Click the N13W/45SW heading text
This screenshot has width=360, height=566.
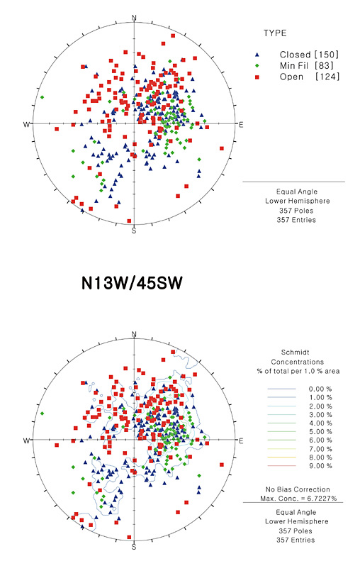click(132, 284)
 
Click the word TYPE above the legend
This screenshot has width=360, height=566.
click(275, 33)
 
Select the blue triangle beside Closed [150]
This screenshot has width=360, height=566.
click(257, 55)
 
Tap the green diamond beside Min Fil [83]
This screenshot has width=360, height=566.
click(257, 66)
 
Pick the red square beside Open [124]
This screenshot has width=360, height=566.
click(257, 77)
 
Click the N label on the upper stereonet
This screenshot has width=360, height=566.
click(135, 18)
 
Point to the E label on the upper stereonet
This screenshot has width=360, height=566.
click(241, 125)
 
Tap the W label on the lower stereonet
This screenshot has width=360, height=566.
click(26, 440)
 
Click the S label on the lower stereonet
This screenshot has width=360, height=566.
click(134, 547)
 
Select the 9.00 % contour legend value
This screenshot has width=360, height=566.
click(320, 466)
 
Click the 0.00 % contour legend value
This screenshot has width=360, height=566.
click(320, 389)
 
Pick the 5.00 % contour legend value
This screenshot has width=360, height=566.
click(320, 432)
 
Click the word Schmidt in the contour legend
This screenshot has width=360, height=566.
click(295, 353)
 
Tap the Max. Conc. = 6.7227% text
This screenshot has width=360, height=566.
click(298, 499)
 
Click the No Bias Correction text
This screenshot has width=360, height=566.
click(298, 489)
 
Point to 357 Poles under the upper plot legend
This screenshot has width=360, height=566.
click(296, 211)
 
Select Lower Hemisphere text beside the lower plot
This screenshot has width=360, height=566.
click(296, 521)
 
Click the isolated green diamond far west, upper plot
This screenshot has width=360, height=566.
click(43, 97)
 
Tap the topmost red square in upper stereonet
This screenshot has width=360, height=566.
click(173, 35)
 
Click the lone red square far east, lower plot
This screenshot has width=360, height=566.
click(222, 465)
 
